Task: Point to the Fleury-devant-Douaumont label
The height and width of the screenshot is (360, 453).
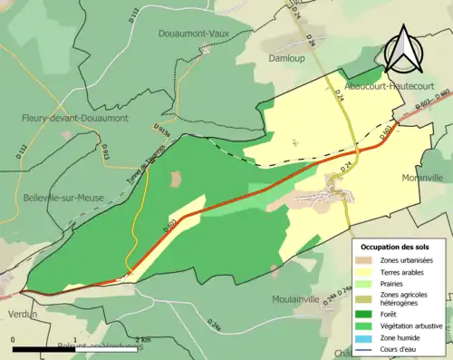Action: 76,118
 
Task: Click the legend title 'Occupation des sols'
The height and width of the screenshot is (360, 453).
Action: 396,247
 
